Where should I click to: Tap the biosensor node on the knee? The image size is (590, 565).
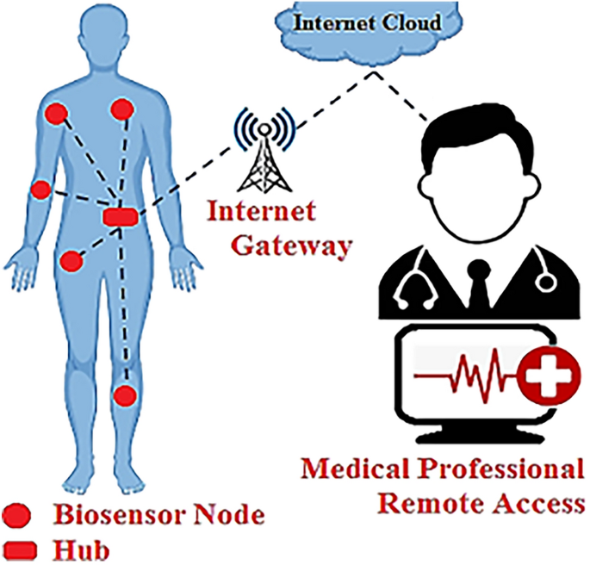click(x=126, y=395)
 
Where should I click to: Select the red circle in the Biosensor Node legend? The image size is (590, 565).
click(x=19, y=517)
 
